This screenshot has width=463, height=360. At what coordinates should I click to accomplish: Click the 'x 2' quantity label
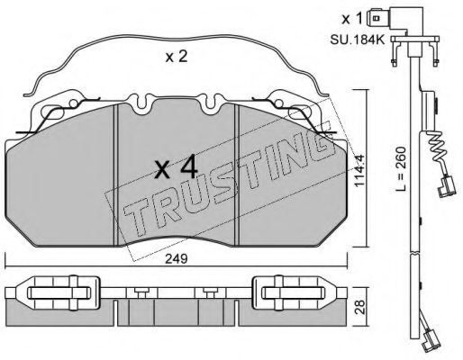point(176,58)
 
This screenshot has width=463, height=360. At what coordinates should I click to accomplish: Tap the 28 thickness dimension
point(360,308)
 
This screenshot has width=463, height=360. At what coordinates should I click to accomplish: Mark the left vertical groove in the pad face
point(118,171)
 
